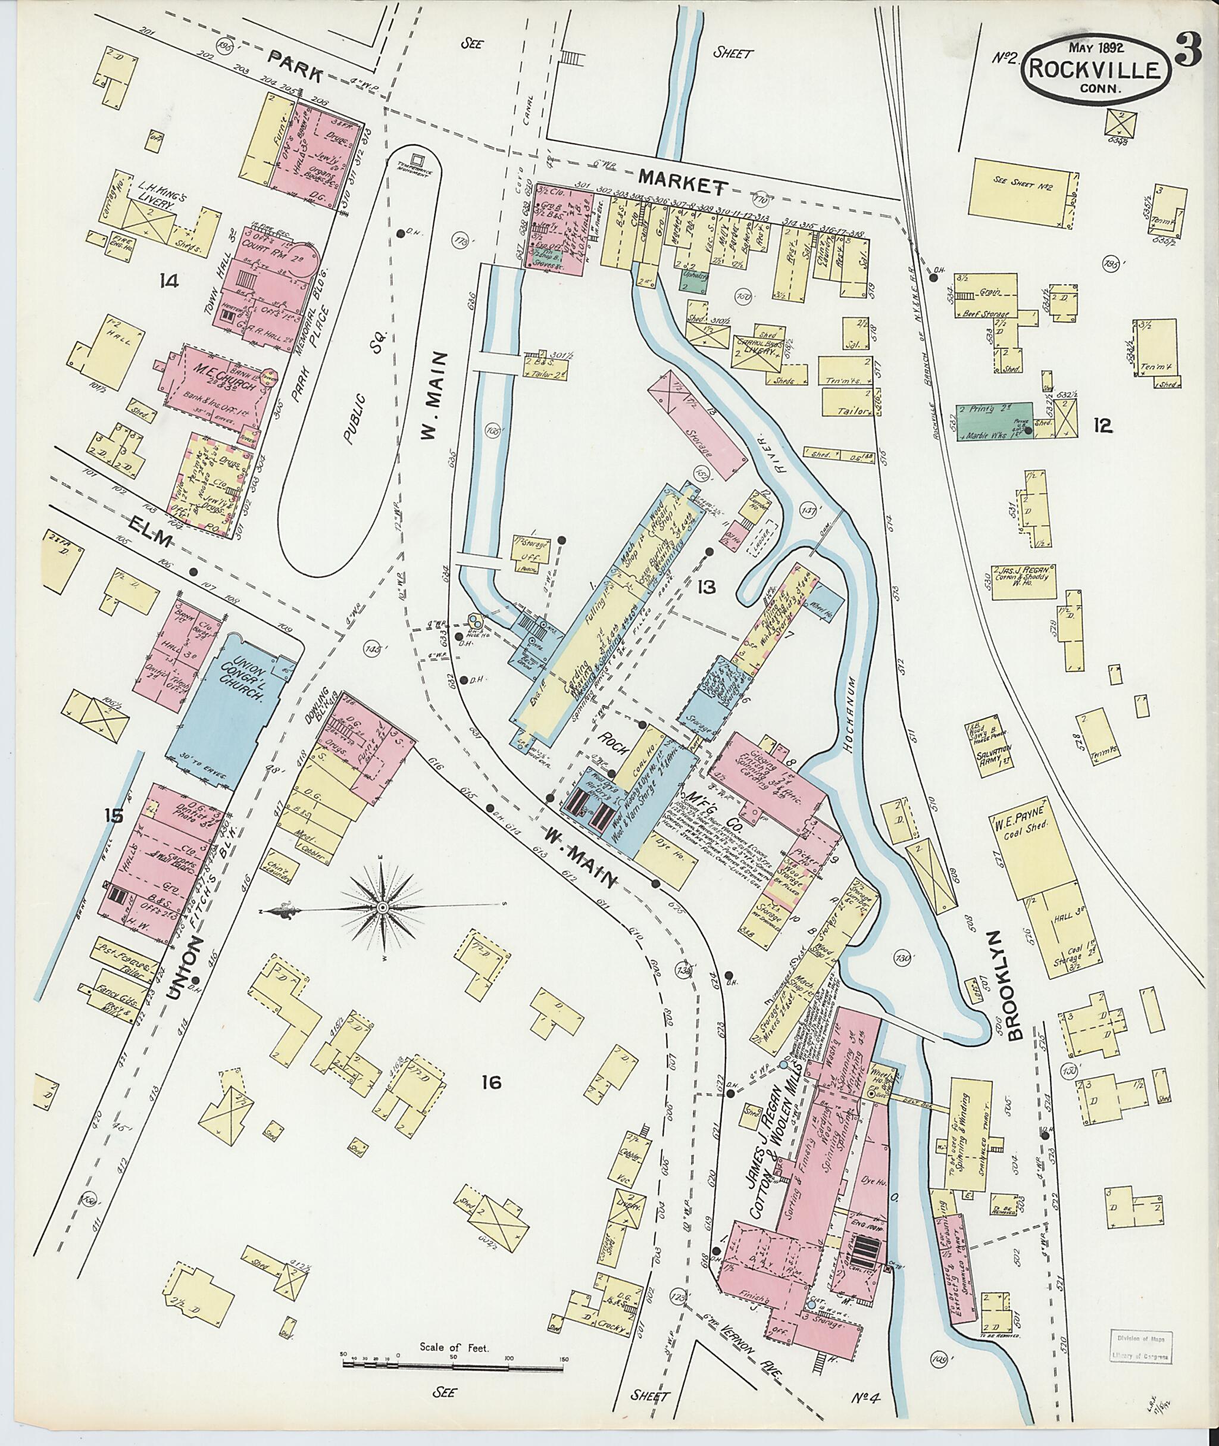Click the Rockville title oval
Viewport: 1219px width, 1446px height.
[x=1097, y=68]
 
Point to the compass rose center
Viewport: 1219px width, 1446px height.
[x=381, y=906]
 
